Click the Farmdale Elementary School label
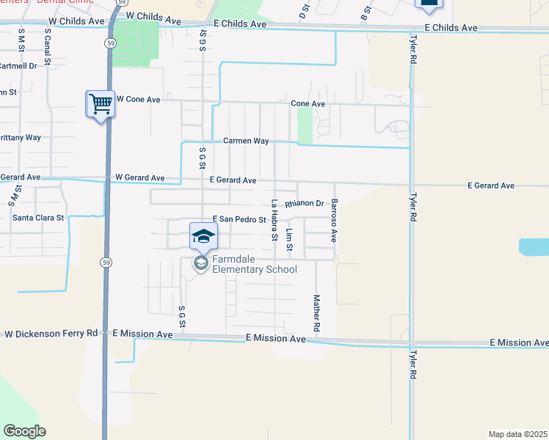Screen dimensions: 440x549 pyautogui.click(x=254, y=264)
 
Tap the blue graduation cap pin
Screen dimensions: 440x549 pyautogui.click(x=204, y=236)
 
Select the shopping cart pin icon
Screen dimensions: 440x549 pyautogui.click(x=101, y=103)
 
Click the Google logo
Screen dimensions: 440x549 pyautogui.click(x=24, y=431)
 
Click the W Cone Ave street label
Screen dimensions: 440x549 pyautogui.click(x=138, y=99)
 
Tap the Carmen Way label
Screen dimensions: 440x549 pyautogui.click(x=246, y=140)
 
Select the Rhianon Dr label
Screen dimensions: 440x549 pyautogui.click(x=305, y=203)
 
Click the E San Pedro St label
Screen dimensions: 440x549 pyautogui.click(x=239, y=219)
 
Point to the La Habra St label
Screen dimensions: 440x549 pyautogui.click(x=274, y=220)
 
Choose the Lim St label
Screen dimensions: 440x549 pyautogui.click(x=289, y=239)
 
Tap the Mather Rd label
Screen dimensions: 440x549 pyautogui.click(x=316, y=313)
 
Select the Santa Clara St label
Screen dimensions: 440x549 pyautogui.click(x=38, y=218)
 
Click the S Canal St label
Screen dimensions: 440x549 pyautogui.click(x=47, y=45)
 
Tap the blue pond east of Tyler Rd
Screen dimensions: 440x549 pyautogui.click(x=534, y=246)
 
